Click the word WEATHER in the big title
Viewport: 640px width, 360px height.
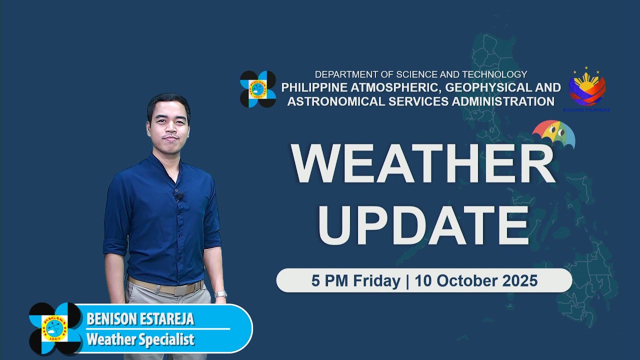point(423,164)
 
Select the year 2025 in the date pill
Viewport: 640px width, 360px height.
point(518,280)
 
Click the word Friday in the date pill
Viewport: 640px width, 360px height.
point(375,280)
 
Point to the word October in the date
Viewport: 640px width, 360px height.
point(463,280)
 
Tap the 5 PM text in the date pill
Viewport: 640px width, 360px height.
point(330,280)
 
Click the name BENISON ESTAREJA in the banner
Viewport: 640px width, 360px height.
point(140,319)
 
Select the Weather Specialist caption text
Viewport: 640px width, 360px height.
point(140,340)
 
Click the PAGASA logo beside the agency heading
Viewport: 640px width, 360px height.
point(258,89)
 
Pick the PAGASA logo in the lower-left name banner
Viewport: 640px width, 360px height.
point(55,328)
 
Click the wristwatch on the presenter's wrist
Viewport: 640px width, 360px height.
point(220,294)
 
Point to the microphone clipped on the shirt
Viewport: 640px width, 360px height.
point(177,196)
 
